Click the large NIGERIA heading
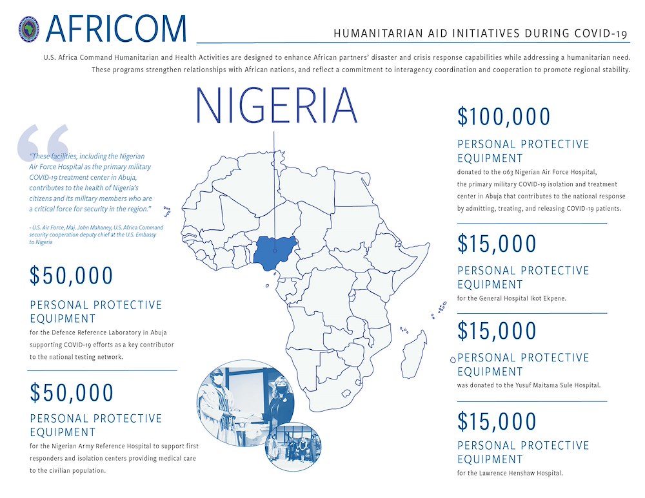pyautogui.click(x=276, y=106)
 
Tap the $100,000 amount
pyautogui.click(x=504, y=117)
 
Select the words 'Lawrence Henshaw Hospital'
pyautogui.click(x=521, y=474)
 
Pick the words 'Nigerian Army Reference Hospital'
pyautogui.click(x=114, y=446)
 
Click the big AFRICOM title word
pyautogui.click(x=117, y=28)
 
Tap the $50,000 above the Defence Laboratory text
pyautogui.click(x=72, y=276)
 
